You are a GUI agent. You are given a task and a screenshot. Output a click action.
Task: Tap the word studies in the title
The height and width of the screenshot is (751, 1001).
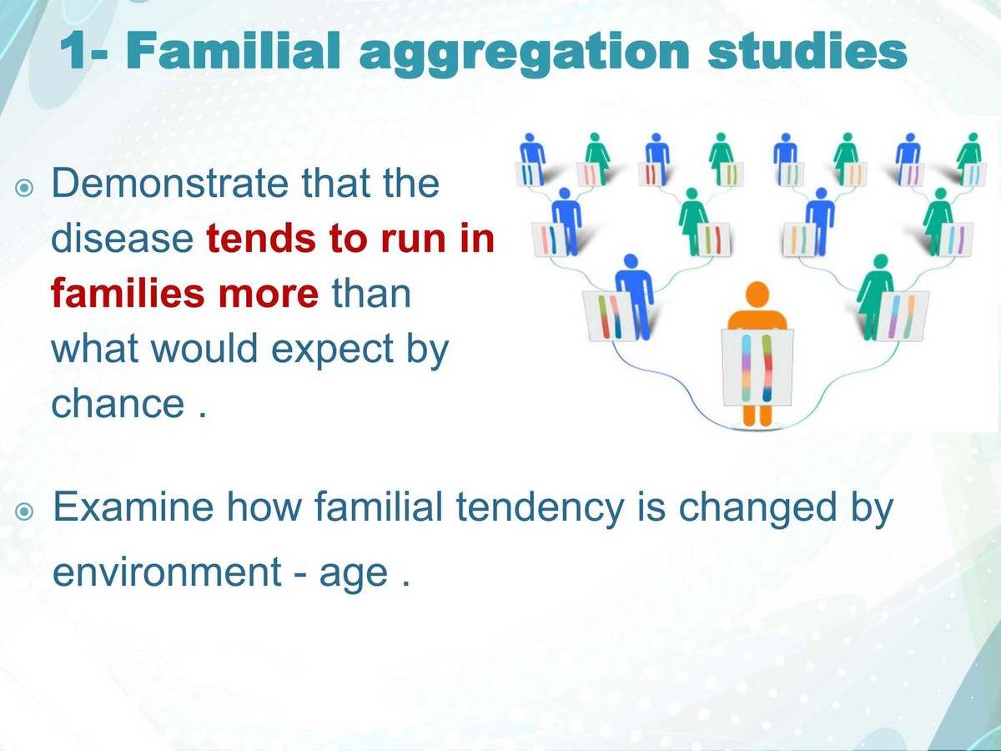(x=807, y=52)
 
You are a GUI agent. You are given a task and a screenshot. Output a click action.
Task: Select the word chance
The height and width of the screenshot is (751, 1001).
(x=118, y=404)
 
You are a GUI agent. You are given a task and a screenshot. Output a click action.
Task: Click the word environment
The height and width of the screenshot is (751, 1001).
(x=167, y=573)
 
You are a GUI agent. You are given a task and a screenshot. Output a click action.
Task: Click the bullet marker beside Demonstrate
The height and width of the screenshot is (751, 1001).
(x=25, y=187)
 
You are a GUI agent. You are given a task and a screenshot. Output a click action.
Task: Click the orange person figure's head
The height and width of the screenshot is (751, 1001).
(x=757, y=295)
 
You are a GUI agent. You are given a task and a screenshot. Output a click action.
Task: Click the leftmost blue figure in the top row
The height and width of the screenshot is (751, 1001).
(x=531, y=154)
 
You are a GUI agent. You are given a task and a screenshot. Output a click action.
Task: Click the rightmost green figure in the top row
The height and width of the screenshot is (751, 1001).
(x=969, y=154)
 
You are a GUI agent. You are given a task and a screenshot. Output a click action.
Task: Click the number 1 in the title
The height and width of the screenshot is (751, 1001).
(x=77, y=52)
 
